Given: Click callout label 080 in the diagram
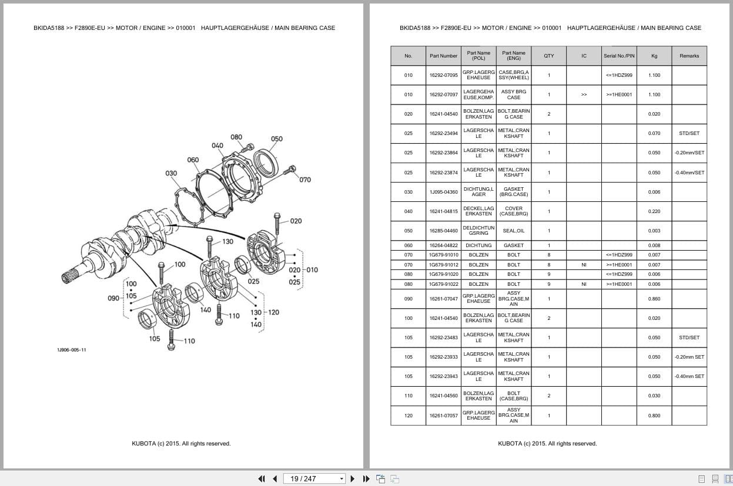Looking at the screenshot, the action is pyautogui.click(x=236, y=137).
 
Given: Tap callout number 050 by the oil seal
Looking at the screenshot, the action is pyautogui.click(x=276, y=139).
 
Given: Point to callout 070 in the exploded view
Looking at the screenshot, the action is pyautogui.click(x=305, y=180).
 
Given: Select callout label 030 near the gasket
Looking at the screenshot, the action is pyautogui.click(x=171, y=173).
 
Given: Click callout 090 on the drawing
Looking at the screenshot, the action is pyautogui.click(x=113, y=298).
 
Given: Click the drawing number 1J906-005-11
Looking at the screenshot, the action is pyautogui.click(x=72, y=350).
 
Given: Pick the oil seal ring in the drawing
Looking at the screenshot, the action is pyautogui.click(x=266, y=163).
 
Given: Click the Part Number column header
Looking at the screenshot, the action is pyautogui.click(x=443, y=56).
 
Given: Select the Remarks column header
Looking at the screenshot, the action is pyautogui.click(x=689, y=56).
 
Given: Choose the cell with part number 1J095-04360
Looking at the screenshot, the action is pyautogui.click(x=443, y=192).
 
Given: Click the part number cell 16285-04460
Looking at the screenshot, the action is pyautogui.click(x=443, y=231).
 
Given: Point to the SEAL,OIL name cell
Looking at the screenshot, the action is pyautogui.click(x=514, y=231).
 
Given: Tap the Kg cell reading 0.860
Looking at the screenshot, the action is pyautogui.click(x=654, y=299).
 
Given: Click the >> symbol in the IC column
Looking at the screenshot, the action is pyautogui.click(x=584, y=95).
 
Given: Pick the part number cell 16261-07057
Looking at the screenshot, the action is pyautogui.click(x=443, y=416).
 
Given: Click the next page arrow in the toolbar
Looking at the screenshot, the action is pyautogui.click(x=353, y=479).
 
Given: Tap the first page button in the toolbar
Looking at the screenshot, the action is pyautogui.click(x=262, y=479).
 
